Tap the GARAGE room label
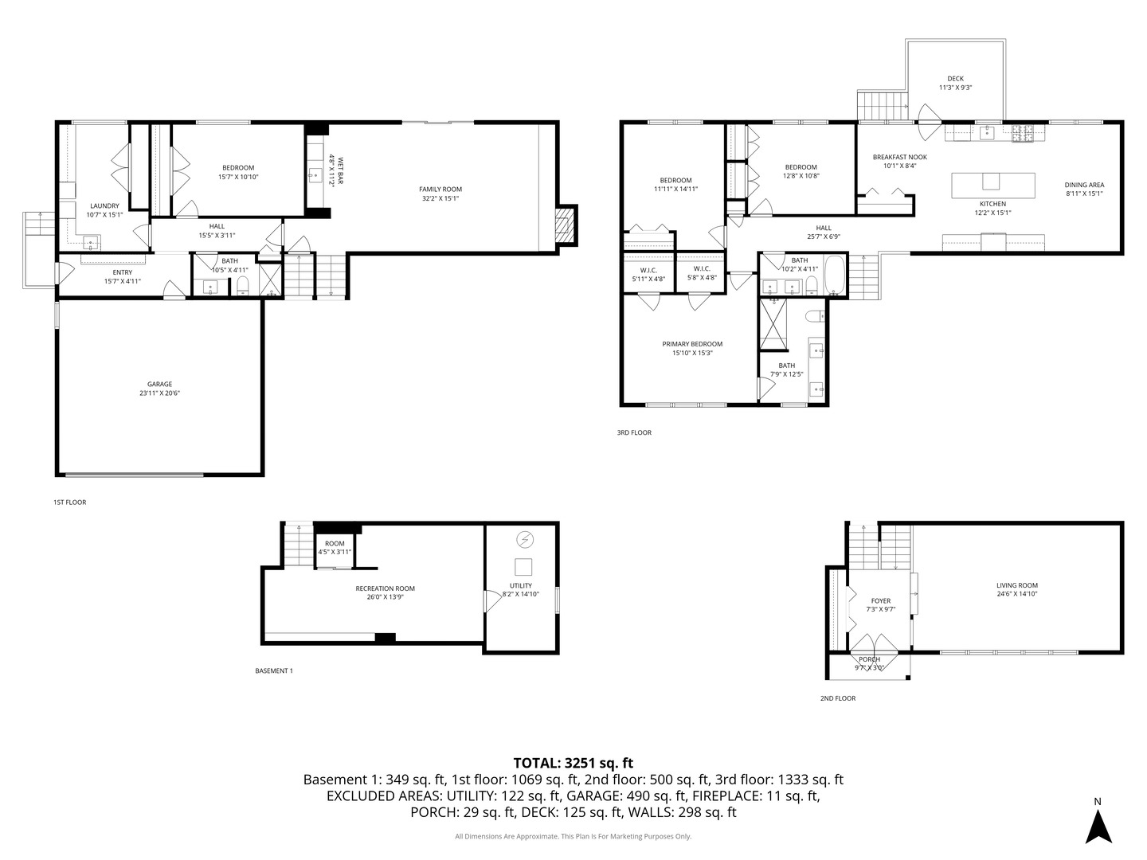click(x=159, y=384)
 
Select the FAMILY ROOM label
click(x=440, y=190)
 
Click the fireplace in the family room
click(x=565, y=225)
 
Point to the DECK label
click(x=956, y=79)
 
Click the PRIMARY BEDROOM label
click(x=692, y=344)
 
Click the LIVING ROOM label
click(x=1017, y=585)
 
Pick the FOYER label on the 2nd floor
click(x=880, y=601)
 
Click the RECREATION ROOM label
click(x=385, y=588)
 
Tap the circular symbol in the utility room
click(x=524, y=540)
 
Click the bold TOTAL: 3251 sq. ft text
click(x=573, y=762)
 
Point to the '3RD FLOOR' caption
click(x=634, y=433)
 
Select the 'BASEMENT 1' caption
click(x=274, y=671)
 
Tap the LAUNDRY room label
click(x=104, y=205)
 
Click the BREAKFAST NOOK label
click(x=899, y=157)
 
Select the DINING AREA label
click(x=1084, y=185)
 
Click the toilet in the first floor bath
click(x=244, y=287)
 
